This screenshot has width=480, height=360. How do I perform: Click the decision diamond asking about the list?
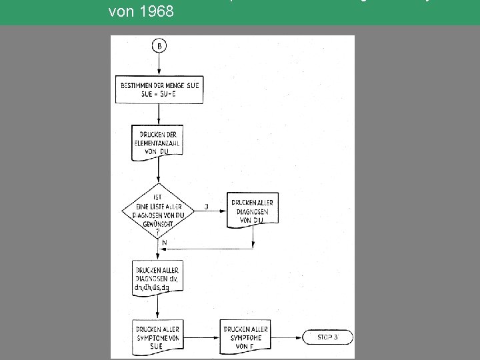(x=158, y=211)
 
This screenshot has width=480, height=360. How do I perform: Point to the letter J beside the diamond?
(x=207, y=206)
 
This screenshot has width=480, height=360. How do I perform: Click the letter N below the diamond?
(x=164, y=243)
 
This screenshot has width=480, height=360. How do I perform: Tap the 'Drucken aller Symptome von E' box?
(x=245, y=337)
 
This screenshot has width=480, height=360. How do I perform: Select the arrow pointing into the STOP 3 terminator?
(x=287, y=337)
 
